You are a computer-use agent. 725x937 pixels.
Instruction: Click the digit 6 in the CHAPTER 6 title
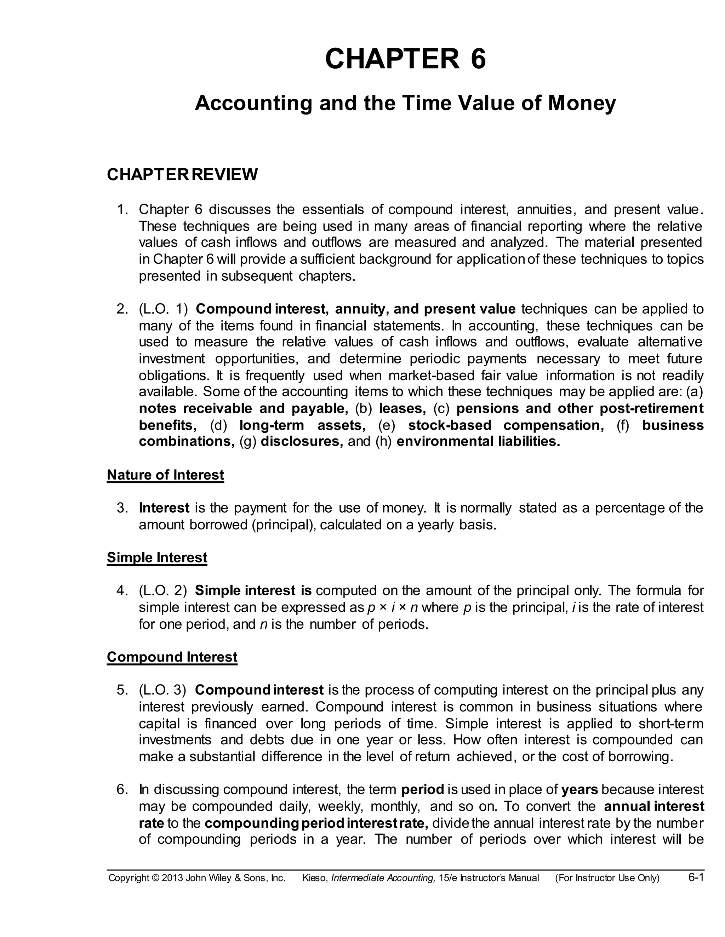tap(478, 59)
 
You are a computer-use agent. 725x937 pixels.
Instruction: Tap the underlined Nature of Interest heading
tap(165, 475)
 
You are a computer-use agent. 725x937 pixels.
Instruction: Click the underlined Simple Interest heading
tap(157, 557)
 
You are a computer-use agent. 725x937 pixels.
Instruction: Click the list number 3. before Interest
tap(122, 508)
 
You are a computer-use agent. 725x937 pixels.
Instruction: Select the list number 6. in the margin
tap(122, 790)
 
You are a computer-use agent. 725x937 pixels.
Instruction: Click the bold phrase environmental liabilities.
tap(479, 442)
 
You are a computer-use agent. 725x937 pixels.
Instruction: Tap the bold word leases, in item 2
tap(403, 408)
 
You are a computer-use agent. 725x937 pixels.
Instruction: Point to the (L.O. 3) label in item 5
tap(162, 690)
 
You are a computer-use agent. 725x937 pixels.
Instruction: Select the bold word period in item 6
tap(423, 790)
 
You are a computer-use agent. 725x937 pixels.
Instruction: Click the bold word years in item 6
tap(580, 790)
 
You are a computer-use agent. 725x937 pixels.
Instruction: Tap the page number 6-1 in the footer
tap(696, 877)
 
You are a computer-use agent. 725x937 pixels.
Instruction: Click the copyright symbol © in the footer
tap(155, 878)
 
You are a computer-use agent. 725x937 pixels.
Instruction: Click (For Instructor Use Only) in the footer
tap(607, 878)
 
